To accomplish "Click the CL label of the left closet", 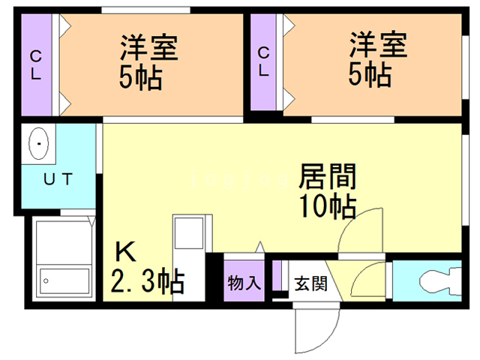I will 35,64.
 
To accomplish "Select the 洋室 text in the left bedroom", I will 149,47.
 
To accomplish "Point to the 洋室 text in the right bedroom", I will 378,47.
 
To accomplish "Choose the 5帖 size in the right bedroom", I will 369,76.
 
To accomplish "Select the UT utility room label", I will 57,179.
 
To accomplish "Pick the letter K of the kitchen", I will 124,252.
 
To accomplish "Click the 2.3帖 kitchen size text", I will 148,282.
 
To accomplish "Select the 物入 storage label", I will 244,283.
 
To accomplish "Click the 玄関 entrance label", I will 310,283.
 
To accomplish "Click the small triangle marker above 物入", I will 259,246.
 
